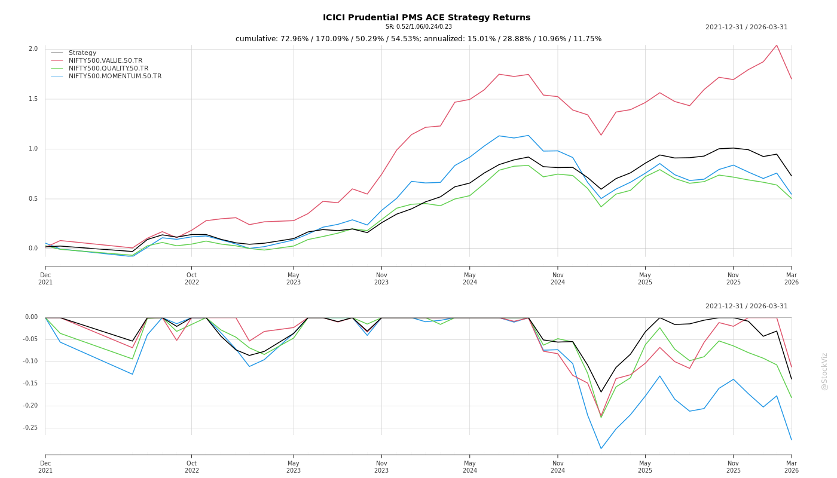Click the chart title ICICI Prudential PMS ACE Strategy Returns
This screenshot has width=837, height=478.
426,17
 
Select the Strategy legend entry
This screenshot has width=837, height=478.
83,53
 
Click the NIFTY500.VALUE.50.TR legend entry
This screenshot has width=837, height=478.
105,61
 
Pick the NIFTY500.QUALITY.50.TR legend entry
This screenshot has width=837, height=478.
108,69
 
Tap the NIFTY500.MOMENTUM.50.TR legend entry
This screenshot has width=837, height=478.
115,76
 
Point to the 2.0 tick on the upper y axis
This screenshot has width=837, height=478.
33,49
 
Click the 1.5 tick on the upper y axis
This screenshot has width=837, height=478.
33,99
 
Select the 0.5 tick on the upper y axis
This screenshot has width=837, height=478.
33,199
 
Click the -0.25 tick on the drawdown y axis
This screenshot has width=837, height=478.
30,428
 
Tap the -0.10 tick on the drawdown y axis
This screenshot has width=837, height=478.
30,361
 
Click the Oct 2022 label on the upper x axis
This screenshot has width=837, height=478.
191,278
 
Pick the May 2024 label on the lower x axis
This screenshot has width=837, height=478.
469,467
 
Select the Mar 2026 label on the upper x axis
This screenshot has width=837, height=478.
791,278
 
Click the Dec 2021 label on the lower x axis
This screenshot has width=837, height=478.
45,467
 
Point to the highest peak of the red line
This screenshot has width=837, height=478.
777,45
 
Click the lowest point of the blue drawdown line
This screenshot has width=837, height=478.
601,448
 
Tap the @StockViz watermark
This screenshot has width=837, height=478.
824,371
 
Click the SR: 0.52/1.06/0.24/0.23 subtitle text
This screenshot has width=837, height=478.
418,27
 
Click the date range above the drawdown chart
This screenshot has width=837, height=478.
746,307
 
